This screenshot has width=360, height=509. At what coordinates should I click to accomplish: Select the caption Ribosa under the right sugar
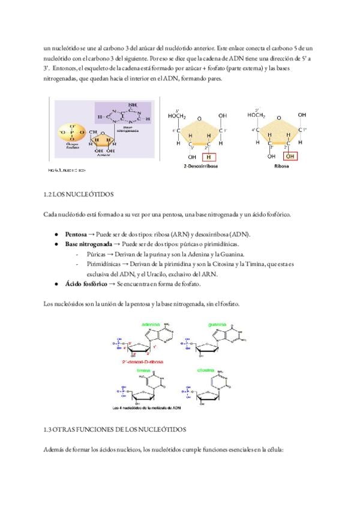point(282,166)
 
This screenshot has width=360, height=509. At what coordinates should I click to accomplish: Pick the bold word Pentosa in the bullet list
point(76,233)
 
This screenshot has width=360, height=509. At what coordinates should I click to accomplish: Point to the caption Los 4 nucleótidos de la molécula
point(150,408)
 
